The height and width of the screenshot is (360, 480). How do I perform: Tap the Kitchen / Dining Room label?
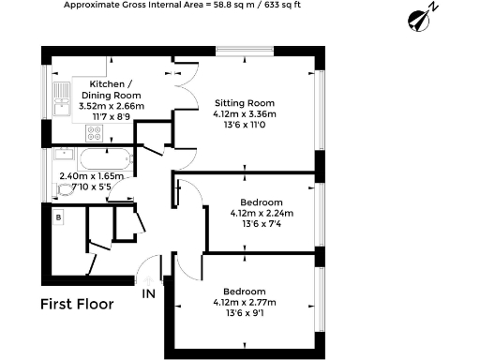[111, 89]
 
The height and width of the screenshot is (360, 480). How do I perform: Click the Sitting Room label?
[244, 102]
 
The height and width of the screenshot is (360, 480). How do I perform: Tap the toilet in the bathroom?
[63, 189]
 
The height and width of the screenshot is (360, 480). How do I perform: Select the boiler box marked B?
[58, 217]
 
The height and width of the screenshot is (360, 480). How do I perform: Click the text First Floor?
[77, 304]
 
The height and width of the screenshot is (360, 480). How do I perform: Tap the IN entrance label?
[148, 293]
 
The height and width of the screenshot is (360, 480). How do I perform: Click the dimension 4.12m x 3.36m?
[246, 114]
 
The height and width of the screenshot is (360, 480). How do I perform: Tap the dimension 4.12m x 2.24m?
[262, 213]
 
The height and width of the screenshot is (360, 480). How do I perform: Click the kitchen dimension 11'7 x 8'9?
[111, 117]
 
